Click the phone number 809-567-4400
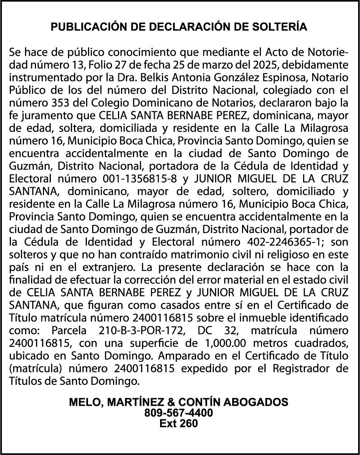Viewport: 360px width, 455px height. tap(179, 412)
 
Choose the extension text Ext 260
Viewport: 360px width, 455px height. tap(179, 424)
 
